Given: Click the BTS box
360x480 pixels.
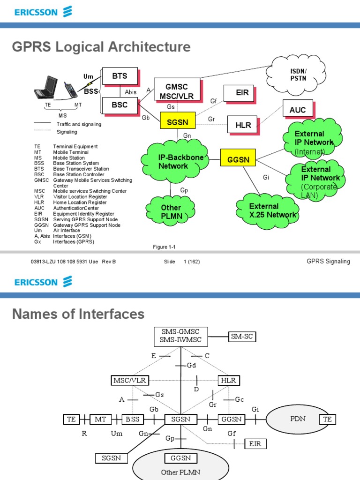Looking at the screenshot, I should [120, 76].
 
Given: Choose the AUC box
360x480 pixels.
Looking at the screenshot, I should [298, 110].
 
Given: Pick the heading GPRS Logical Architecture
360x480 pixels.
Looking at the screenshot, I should [101, 47].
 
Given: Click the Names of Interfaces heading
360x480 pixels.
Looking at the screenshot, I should [78, 314].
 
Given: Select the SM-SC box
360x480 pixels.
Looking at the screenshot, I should [243, 336].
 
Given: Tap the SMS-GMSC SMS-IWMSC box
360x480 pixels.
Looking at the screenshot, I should [180, 336].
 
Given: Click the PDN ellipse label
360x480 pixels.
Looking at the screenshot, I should [298, 419].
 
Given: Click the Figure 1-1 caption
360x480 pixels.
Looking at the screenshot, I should [164, 247].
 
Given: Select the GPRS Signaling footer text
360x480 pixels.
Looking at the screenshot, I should [328, 261].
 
